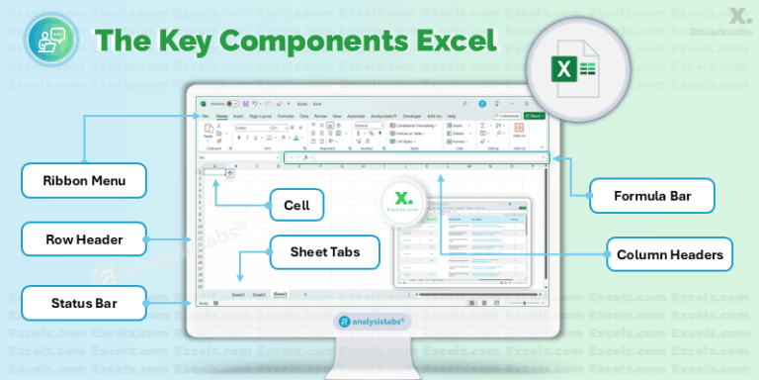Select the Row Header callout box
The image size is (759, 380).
point(84,238)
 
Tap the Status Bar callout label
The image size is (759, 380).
point(84,303)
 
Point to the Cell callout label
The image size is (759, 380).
point(296,207)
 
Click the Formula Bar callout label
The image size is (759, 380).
point(651,196)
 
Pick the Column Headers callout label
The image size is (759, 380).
point(670,255)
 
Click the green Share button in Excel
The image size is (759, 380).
point(535,116)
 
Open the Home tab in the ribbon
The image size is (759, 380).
point(221,116)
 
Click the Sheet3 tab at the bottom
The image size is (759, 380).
point(281,295)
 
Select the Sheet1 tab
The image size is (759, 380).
point(238,295)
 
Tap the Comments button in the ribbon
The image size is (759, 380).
point(507,116)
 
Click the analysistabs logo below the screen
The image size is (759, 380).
point(379,321)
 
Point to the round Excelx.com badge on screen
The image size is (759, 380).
point(403,203)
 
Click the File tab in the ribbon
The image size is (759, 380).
point(205,116)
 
